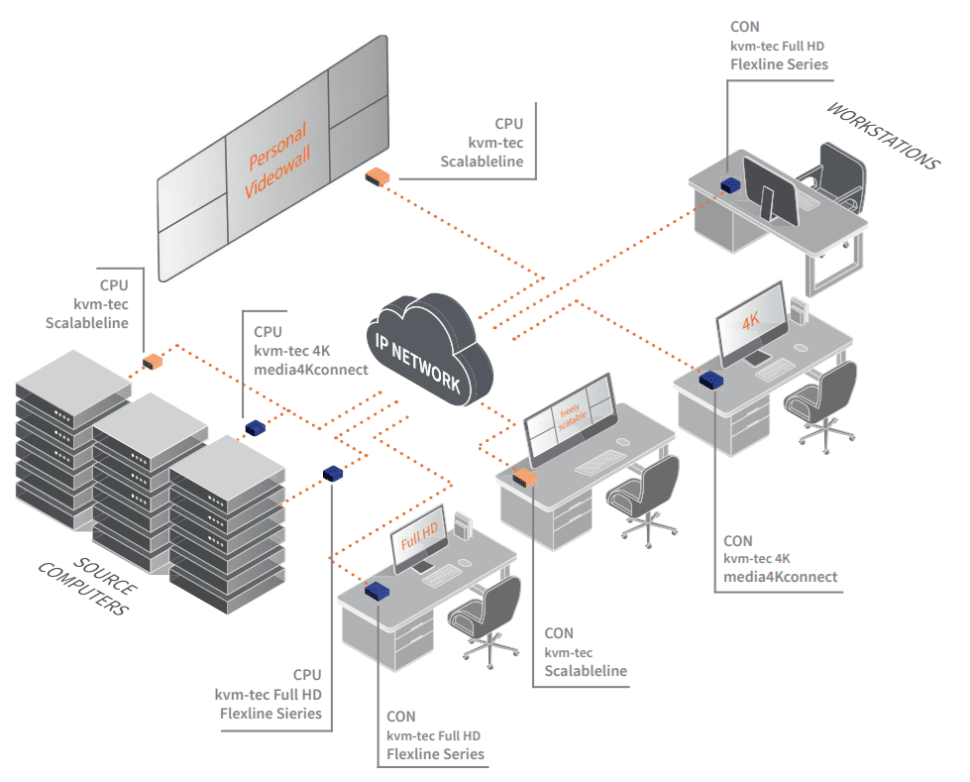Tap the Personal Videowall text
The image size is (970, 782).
pos(277,159)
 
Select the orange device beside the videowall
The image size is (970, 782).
pos(377,177)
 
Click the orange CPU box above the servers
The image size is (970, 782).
pos(152,361)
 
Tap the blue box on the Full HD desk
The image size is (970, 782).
pos(377,592)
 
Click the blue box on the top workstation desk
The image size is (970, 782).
pos(731,185)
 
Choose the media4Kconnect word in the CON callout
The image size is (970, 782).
pos(781,577)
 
